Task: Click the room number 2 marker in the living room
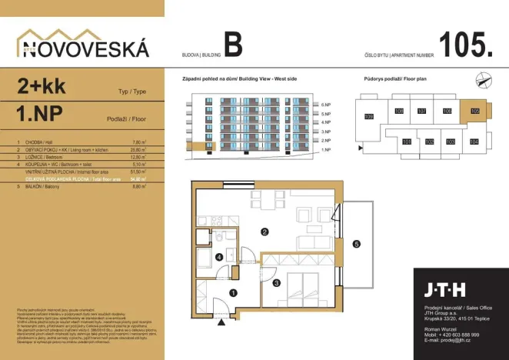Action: (x=264, y=232)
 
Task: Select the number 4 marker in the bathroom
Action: (x=219, y=257)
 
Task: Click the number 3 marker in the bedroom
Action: (x=276, y=282)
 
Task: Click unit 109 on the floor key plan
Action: (x=368, y=116)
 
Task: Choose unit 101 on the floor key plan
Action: (x=406, y=142)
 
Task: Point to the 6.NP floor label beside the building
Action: (x=326, y=105)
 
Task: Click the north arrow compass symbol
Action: (x=483, y=78)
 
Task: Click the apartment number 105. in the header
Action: (x=466, y=45)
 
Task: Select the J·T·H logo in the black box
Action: (x=444, y=290)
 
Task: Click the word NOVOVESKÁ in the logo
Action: (x=83, y=49)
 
